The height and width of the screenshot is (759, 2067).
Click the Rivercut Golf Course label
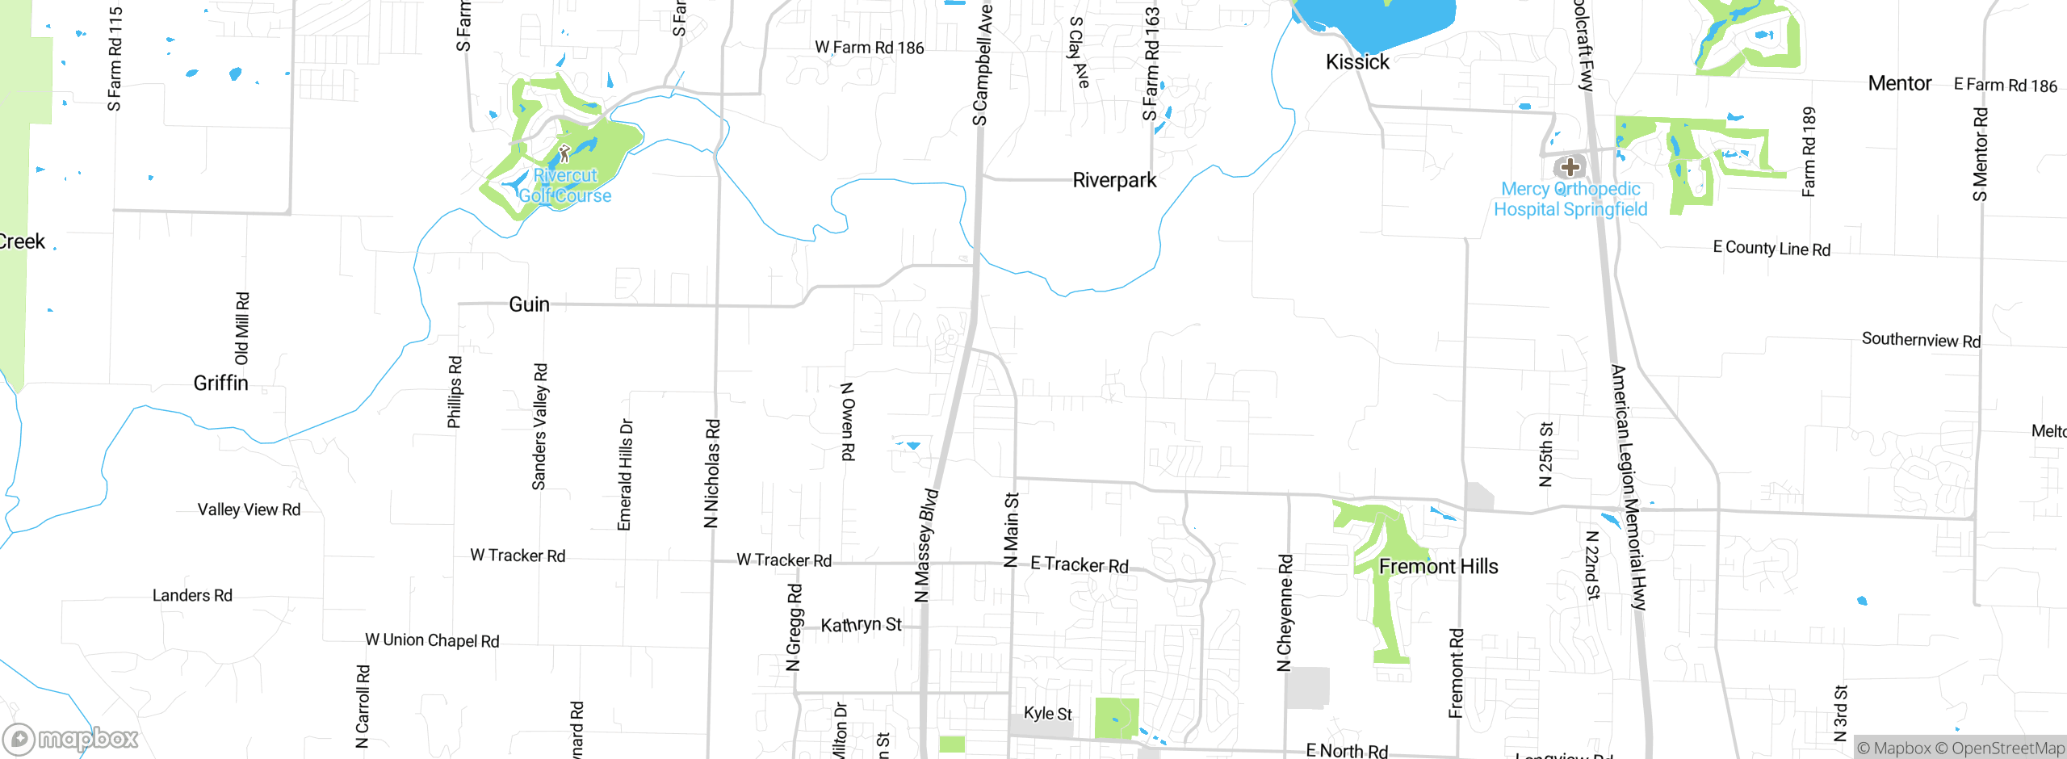565,186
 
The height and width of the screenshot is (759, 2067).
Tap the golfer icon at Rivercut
564,153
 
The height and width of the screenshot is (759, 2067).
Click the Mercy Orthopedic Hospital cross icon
1570,167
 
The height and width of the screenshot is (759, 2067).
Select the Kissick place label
1357,62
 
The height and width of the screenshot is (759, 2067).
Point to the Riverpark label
1114,180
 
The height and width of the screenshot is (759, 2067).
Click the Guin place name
529,304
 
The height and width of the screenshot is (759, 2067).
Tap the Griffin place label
220,383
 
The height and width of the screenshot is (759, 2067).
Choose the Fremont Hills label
1438,567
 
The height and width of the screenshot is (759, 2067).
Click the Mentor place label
1899,83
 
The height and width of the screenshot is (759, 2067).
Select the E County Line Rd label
1771,248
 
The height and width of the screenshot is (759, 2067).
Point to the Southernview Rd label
1921,340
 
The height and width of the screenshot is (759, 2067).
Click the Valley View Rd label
249,509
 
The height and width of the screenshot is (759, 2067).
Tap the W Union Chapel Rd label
432,640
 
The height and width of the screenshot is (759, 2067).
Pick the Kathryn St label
861,625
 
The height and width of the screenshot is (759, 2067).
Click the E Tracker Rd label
1080,564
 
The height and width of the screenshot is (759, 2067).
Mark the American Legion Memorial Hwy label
1628,487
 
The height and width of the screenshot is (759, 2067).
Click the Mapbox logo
70,738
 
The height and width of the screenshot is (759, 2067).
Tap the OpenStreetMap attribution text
2007,749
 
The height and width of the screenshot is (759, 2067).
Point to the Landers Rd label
192,596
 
